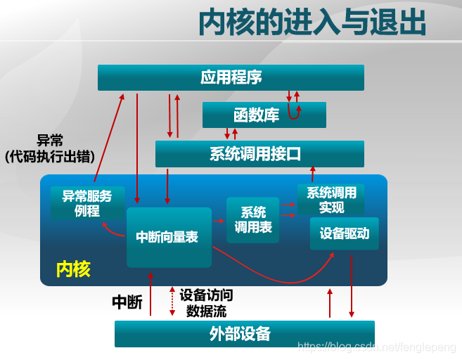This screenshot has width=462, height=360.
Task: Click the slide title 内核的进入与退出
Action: click(x=312, y=24)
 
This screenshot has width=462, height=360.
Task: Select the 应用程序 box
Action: click(x=231, y=77)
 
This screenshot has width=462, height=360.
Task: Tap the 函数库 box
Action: click(x=264, y=115)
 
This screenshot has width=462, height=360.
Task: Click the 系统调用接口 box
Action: click(x=259, y=153)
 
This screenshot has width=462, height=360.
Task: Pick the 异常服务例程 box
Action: click(x=87, y=203)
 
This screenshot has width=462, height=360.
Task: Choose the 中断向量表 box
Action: click(x=169, y=237)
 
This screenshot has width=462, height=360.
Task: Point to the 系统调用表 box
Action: click(x=252, y=220)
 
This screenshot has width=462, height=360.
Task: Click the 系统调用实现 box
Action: click(x=331, y=200)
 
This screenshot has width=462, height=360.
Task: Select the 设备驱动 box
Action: click(x=345, y=233)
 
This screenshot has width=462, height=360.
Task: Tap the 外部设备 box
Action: click(x=244, y=333)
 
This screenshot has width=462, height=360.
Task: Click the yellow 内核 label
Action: click(x=73, y=269)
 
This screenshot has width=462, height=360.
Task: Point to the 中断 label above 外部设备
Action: click(x=127, y=302)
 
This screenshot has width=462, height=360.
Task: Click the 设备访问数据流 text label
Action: click(x=206, y=302)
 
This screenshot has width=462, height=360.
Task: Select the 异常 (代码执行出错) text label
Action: click(x=49, y=148)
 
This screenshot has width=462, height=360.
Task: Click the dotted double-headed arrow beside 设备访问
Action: click(x=172, y=301)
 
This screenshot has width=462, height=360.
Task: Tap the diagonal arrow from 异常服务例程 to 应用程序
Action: click(x=108, y=141)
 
